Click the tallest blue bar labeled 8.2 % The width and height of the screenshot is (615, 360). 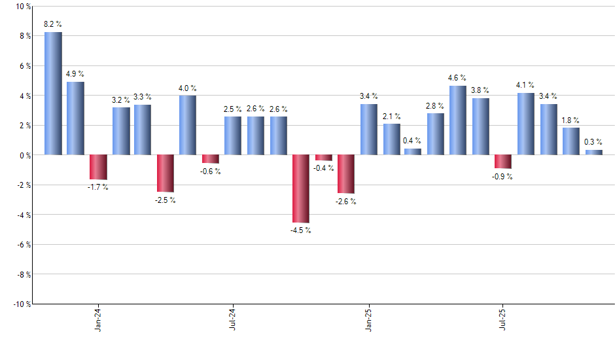(53, 94)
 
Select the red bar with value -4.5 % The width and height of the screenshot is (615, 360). (301, 189)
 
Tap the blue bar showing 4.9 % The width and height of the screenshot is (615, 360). (75, 118)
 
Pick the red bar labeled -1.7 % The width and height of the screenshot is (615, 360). (98, 167)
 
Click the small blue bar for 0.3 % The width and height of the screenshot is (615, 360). (594, 153)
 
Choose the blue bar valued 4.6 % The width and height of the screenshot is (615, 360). (458, 120)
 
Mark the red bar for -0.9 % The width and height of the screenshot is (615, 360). (503, 162)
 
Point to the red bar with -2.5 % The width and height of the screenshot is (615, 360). (166, 173)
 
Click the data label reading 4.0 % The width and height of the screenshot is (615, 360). (188, 88)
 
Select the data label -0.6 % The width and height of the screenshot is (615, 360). (211, 171)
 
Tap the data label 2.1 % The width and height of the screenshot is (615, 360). (392, 117)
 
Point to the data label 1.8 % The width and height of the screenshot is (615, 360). (571, 120)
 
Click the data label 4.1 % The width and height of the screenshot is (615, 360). (525, 85)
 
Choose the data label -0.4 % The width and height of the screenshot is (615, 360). (323, 168)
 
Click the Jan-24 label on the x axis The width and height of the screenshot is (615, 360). (98, 321)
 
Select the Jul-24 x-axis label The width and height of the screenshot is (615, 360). (233, 321)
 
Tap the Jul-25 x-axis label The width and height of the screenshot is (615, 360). (503, 321)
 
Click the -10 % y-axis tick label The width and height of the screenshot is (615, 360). (21, 304)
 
